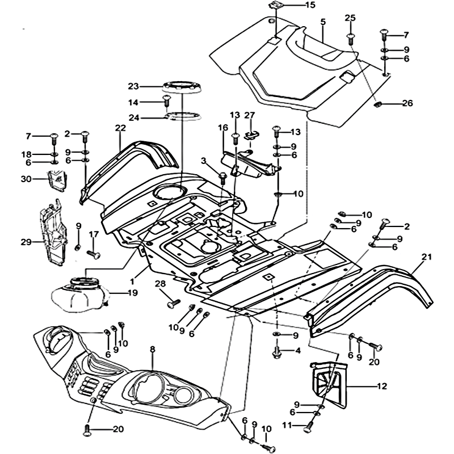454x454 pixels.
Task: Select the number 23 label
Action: pyautogui.click(x=133, y=86)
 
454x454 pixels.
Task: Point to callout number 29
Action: pyautogui.click(x=26, y=242)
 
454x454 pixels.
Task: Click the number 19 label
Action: pyautogui.click(x=132, y=293)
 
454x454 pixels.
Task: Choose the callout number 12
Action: pyautogui.click(x=381, y=386)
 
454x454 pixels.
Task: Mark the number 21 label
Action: pyautogui.click(x=426, y=258)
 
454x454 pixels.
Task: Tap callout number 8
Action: pyautogui.click(x=152, y=350)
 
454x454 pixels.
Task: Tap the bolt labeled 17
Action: pyautogui.click(x=93, y=254)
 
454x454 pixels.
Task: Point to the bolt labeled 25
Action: pyautogui.click(x=350, y=37)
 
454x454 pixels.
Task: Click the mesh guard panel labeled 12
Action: pyautogui.click(x=329, y=383)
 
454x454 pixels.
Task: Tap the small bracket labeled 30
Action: pyautogui.click(x=56, y=182)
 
